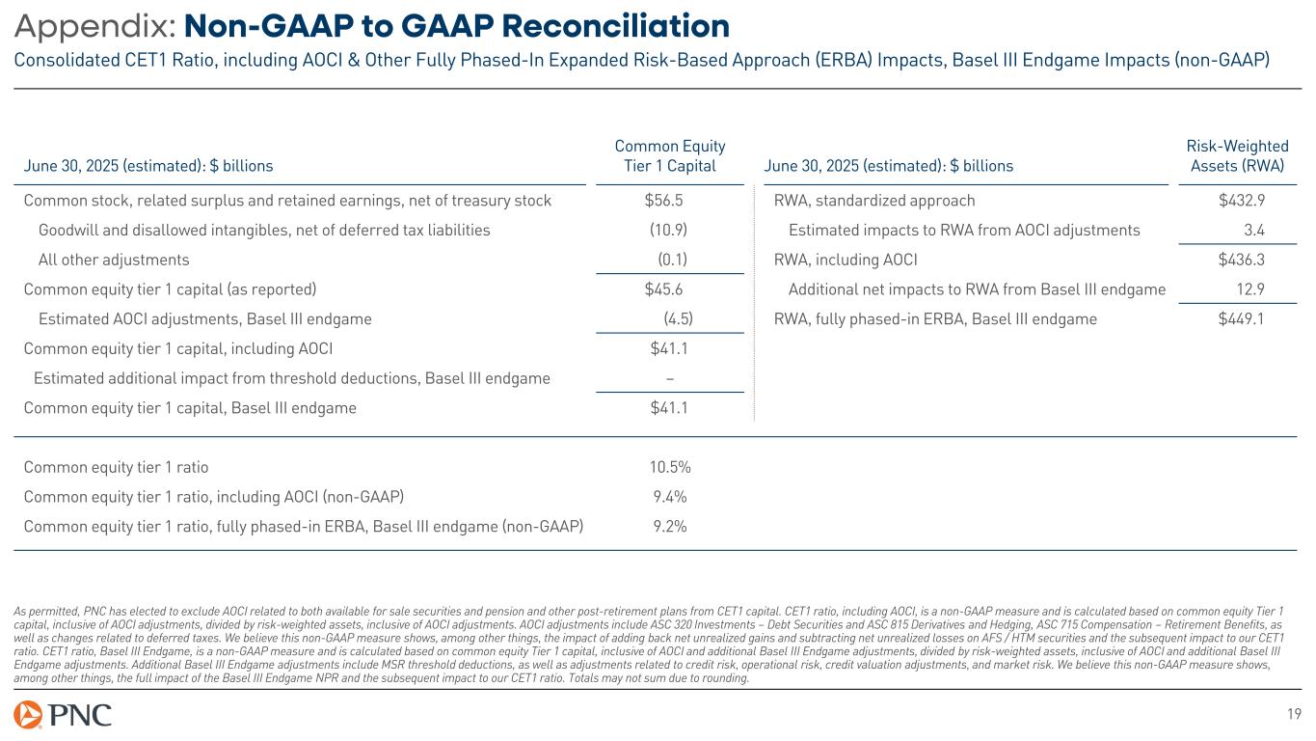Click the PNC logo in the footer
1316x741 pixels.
(x=63, y=715)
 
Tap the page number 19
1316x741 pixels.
(x=1295, y=714)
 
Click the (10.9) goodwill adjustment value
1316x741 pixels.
(x=668, y=231)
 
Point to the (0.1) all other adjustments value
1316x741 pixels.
(x=672, y=260)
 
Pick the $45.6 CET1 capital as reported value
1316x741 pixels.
(x=666, y=289)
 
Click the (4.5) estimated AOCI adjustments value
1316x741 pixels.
(x=678, y=319)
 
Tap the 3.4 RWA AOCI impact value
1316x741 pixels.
(x=1280, y=231)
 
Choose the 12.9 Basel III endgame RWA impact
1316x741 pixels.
(x=1276, y=289)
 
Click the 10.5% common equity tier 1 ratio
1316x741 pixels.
(x=670, y=468)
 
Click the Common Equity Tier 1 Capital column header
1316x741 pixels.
(x=670, y=155)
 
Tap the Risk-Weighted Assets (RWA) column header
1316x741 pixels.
(x=1238, y=155)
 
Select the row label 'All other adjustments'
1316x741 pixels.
(x=114, y=260)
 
